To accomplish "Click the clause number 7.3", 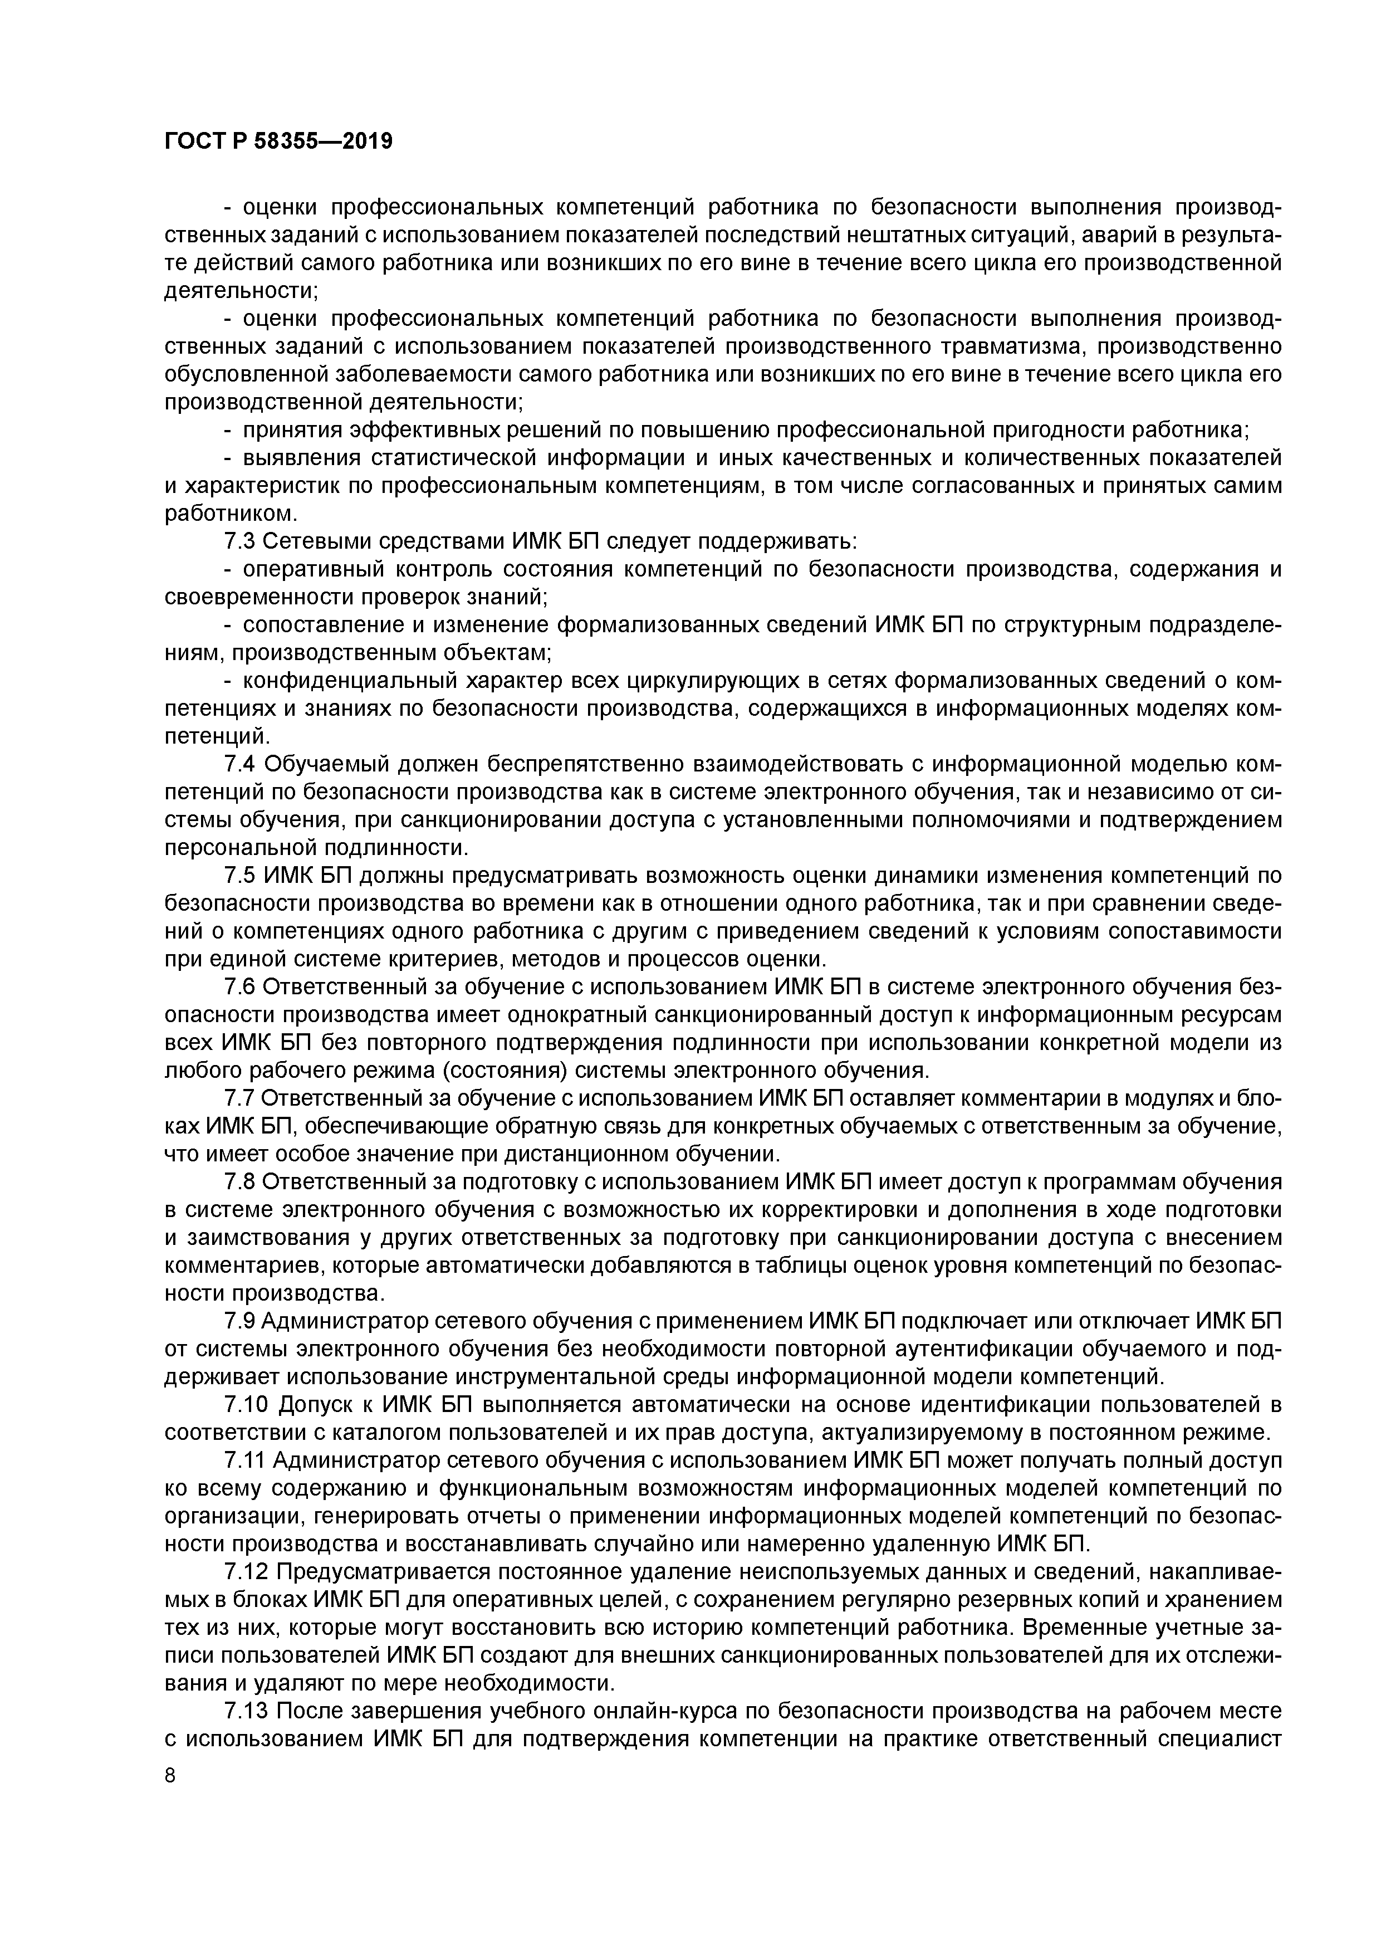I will point(238,541).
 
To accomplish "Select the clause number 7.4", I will point(238,765).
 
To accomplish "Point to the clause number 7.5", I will point(238,877).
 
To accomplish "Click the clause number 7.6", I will point(238,988).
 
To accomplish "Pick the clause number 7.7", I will point(238,1100).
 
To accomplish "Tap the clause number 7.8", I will point(238,1183).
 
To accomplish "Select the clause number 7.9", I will point(238,1322).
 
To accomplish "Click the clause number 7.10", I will point(245,1406).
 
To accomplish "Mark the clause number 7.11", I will point(245,1462).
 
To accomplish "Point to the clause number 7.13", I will point(245,1713).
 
